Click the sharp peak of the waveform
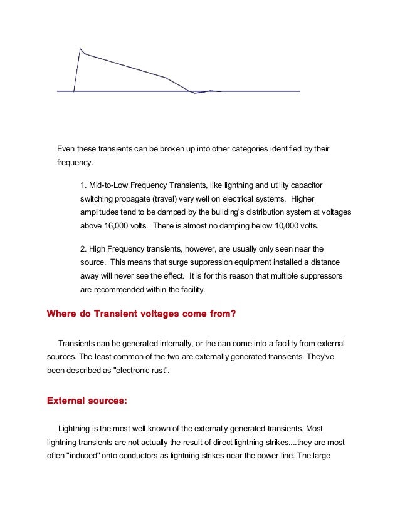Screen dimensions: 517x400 pyautogui.click(x=80, y=49)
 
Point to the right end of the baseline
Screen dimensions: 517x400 pyautogui.click(x=299, y=91)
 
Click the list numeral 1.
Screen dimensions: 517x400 pyautogui.click(x=83, y=185)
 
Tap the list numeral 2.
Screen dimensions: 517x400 pyautogui.click(x=83, y=248)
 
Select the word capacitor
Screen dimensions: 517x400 pyautogui.click(x=303, y=185)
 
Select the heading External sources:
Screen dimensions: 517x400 pyautogui.click(x=87, y=400)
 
